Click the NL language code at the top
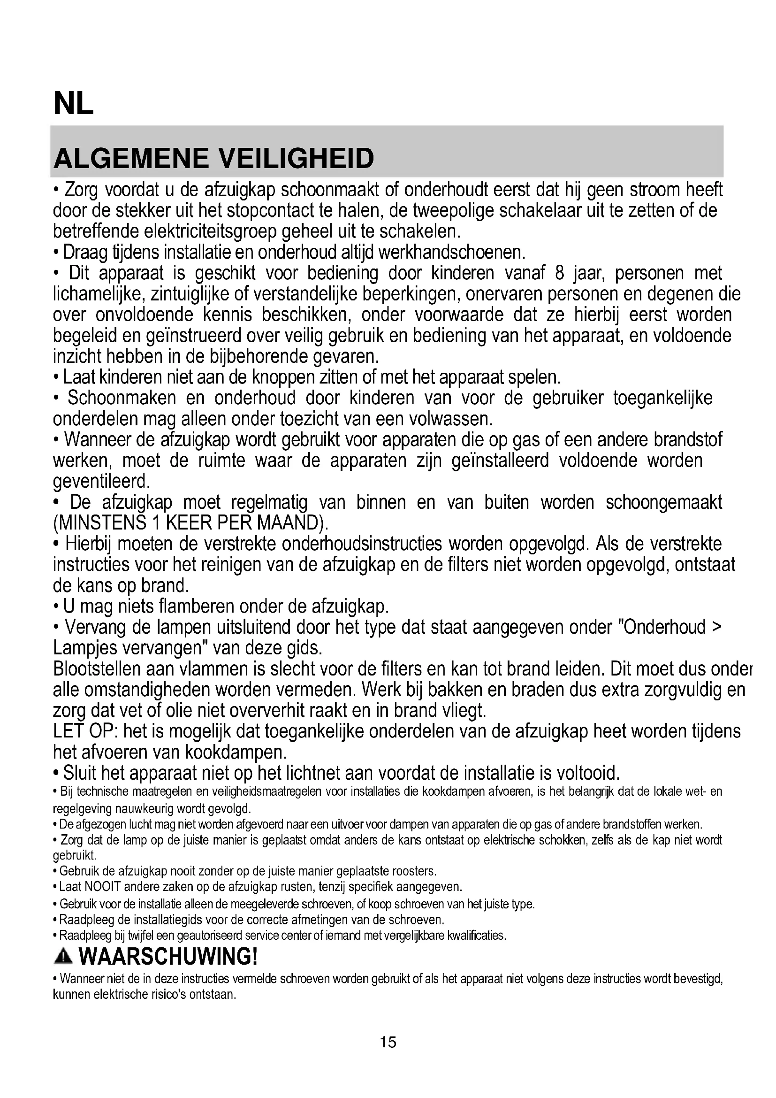(74, 104)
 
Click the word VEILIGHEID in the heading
(296, 159)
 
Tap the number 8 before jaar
(560, 273)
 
